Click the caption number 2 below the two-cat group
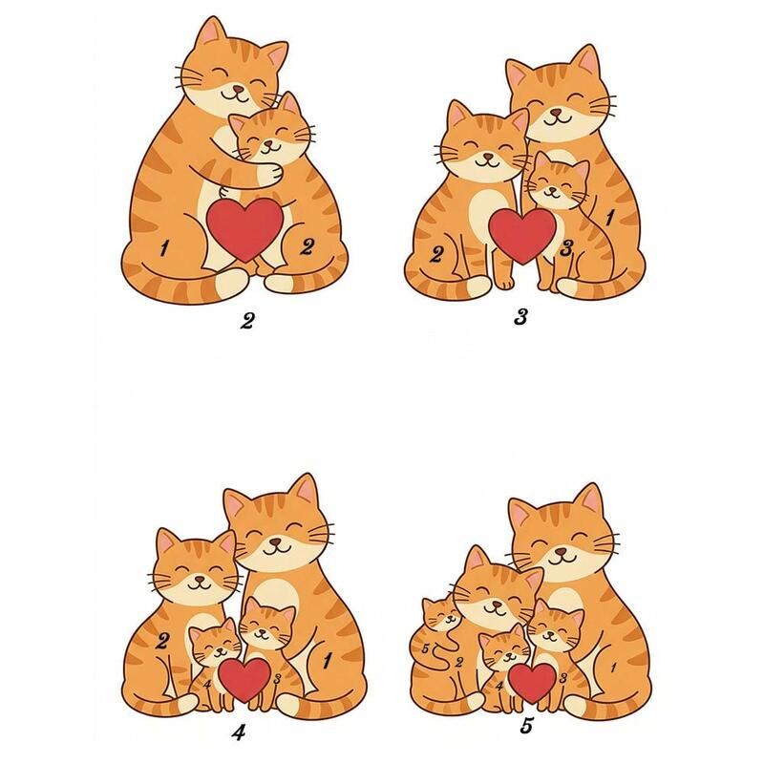tap(247, 321)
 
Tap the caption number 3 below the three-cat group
tap(520, 318)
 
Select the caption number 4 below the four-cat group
tap(239, 732)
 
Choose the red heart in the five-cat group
tap(532, 683)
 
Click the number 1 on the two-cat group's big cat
tap(164, 248)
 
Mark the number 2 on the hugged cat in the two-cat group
tap(306, 247)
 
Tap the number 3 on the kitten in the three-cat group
tap(565, 248)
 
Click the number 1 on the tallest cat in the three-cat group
tap(609, 218)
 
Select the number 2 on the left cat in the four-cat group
tap(163, 641)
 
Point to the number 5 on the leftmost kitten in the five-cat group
tap(425, 649)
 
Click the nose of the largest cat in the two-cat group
tap(236, 90)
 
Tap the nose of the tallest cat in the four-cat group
tap(275, 541)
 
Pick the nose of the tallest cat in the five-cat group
tap(562, 552)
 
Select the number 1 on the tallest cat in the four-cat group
tap(327, 660)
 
